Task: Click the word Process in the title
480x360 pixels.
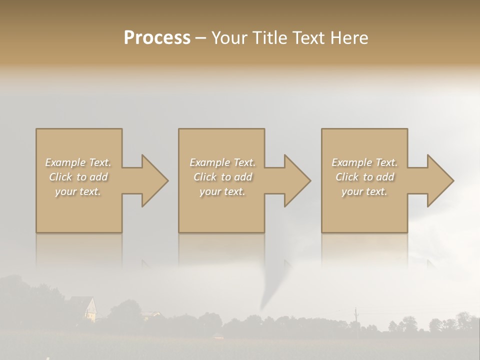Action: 157,38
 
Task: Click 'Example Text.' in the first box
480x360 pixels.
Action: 78,162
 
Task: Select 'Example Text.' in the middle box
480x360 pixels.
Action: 222,162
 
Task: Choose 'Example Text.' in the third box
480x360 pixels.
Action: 364,162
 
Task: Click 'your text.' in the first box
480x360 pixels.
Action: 78,191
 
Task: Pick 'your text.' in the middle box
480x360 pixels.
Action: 222,191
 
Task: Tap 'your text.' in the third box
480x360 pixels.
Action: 364,191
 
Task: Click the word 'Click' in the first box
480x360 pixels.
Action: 61,177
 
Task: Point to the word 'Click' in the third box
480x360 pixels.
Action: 347,177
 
